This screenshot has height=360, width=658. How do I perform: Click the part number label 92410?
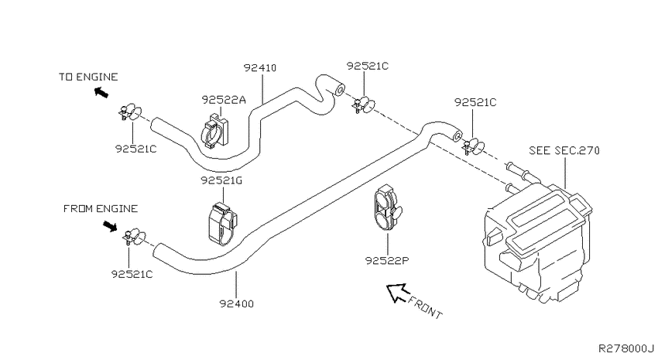coord(260,67)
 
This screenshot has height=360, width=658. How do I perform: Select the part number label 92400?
coord(237,303)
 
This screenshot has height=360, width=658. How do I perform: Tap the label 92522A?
coord(223,100)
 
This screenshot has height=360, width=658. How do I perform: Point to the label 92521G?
coord(221,180)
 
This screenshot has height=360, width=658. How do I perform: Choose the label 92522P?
coord(387,261)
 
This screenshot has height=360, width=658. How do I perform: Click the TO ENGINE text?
coord(88,77)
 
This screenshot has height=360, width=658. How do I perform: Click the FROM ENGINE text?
coord(101,208)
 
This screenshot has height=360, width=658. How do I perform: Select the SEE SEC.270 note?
coord(564,150)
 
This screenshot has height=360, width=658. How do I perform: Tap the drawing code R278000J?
coord(625,348)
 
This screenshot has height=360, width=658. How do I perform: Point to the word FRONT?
coord(425,307)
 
